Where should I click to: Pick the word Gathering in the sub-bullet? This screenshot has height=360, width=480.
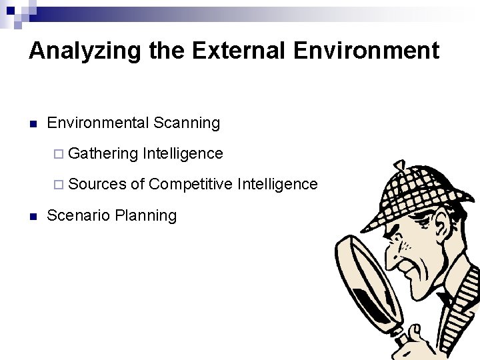coord(103,153)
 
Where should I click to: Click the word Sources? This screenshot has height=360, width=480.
coord(97,184)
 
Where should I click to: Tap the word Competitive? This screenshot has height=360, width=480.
coord(191,184)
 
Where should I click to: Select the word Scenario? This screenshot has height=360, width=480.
coord(79,215)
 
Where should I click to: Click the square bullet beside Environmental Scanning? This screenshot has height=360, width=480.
coord(32,123)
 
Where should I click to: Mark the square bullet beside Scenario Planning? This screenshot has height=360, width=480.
coord(32,216)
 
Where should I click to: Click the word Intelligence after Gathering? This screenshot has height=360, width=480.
coord(183,153)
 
